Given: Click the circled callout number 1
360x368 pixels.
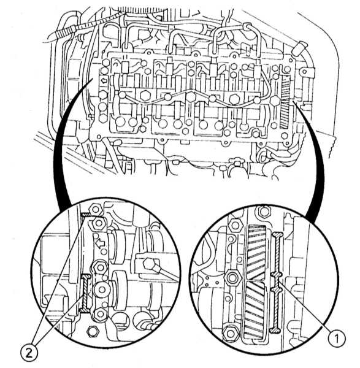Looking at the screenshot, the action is pos(337,339).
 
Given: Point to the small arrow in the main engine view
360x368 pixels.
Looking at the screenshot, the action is pos(104,81).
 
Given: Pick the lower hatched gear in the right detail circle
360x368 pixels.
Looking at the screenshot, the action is pos(255,310).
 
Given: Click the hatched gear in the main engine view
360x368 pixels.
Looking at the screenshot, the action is pos(285,103).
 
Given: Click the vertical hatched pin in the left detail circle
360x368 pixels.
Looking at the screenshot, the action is pos(85,293).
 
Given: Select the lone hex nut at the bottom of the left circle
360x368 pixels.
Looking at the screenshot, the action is pos(92,331).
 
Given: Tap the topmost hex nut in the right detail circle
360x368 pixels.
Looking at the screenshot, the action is pos(264,212).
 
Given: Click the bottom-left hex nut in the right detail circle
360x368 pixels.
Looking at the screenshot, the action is pos(230,333).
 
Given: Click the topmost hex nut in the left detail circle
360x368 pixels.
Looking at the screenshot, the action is pos(96,209).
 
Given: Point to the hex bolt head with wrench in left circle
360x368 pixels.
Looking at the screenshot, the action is pos(149,263).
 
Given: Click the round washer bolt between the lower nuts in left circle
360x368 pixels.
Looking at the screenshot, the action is pos(101,289).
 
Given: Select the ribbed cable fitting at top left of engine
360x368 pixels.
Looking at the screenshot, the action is pos(66,31).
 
